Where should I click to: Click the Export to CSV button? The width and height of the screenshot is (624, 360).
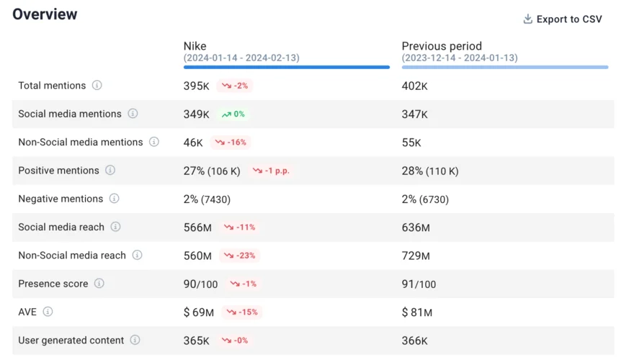563,19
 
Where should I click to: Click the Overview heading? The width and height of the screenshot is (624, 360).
45,14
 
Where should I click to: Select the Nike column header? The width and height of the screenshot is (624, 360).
195,46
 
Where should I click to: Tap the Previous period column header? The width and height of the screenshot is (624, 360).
442,46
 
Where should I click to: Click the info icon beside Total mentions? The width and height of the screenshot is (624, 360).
97,85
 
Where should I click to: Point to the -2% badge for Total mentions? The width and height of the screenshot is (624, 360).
235,86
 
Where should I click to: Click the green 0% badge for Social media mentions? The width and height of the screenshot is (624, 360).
233,114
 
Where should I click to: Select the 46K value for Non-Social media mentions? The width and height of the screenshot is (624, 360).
193,143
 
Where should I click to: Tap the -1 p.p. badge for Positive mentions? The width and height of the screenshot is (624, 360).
275,171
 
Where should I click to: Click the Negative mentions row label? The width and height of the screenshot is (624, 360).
61,199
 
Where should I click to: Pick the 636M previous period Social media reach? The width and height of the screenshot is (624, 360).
416,228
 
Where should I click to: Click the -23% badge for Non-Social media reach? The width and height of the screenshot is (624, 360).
240,256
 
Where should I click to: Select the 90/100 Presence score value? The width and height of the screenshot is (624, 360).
200,284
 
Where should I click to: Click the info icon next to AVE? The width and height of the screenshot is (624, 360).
48,312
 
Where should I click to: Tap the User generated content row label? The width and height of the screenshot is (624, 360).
71,340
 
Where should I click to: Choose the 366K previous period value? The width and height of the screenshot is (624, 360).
414,341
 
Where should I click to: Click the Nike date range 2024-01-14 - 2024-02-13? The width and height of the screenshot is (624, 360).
241,58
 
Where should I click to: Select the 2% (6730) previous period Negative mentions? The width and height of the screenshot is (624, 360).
425,199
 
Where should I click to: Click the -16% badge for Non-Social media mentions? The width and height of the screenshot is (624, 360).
230,143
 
